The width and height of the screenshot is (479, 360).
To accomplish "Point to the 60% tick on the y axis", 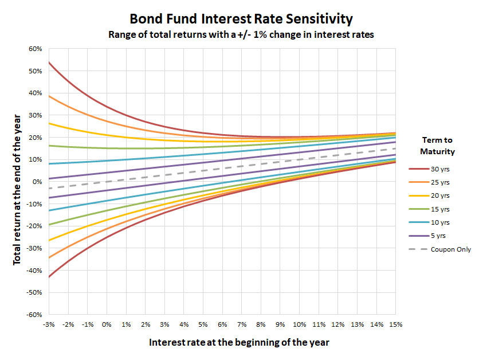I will pyautogui.click(x=36, y=49).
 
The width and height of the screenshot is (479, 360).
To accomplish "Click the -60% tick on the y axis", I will pyautogui.click(x=34, y=315).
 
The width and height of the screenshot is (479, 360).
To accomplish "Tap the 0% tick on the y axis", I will pyautogui.click(x=38, y=182).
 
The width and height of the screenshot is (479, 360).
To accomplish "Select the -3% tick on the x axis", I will pyautogui.click(x=48, y=325).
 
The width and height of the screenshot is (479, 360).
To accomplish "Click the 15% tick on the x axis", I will pyautogui.click(x=395, y=325).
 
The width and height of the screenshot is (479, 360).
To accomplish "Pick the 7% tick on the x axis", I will pyautogui.click(x=241, y=325).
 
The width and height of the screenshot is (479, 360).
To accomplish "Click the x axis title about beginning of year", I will pyautogui.click(x=239, y=342).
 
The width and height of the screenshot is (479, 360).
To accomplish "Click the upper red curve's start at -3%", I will pyautogui.click(x=49, y=62).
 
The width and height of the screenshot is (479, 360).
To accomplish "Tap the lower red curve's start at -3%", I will pyautogui.click(x=49, y=277).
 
